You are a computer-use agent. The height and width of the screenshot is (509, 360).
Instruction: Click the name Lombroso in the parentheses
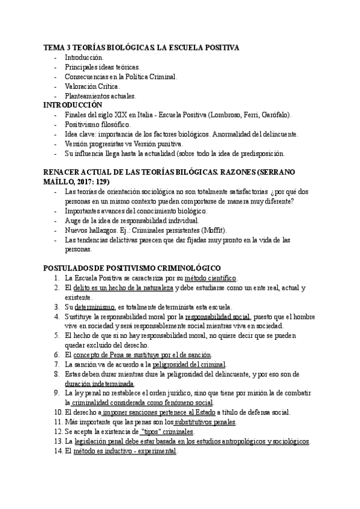[x=225, y=114]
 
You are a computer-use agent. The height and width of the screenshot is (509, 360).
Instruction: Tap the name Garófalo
[x=275, y=114]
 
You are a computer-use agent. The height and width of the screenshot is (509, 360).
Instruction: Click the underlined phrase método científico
[x=211, y=279]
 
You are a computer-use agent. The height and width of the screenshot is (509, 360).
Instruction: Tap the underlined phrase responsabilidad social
[x=218, y=316]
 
